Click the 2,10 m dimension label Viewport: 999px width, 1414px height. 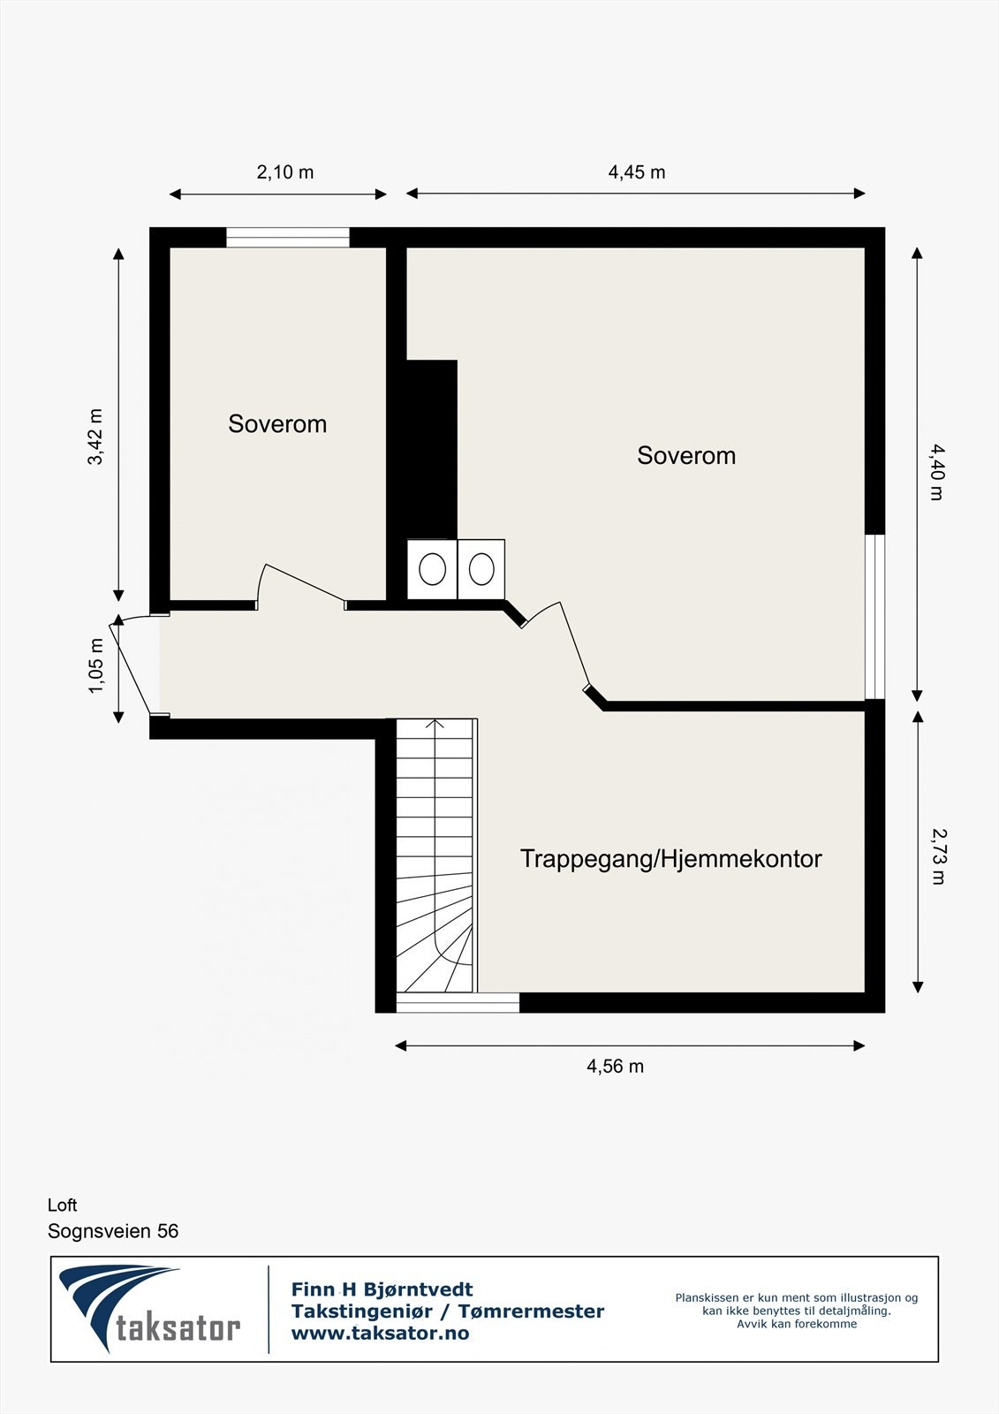[284, 171]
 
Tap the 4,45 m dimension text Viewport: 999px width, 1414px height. [636, 171]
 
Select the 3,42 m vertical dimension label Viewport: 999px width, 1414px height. [95, 436]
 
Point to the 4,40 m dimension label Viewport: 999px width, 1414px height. [937, 472]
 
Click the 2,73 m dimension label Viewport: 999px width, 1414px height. [938, 855]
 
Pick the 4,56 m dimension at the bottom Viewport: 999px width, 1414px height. [615, 1066]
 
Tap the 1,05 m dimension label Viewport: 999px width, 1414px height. [95, 665]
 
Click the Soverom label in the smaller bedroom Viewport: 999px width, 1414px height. [277, 423]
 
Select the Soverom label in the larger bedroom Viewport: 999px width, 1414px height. [686, 455]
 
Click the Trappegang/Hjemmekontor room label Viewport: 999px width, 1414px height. [670, 858]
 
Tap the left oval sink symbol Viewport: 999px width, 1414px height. [432, 569]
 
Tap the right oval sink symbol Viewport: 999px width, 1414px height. [481, 569]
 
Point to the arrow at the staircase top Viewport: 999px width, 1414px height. [435, 725]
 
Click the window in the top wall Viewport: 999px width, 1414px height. [288, 237]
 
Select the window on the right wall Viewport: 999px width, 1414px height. [874, 616]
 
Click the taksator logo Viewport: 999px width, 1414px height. [150, 1309]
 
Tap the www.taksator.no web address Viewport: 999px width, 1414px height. [380, 1334]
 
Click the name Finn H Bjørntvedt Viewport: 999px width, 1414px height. [382, 1289]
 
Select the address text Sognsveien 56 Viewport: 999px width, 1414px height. [113, 1231]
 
